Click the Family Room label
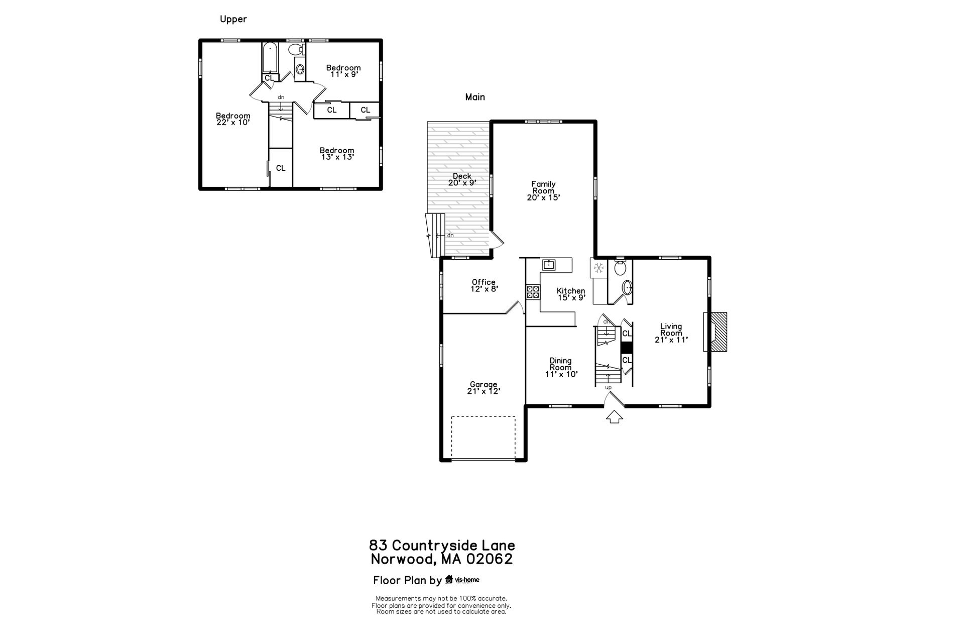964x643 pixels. coord(543,191)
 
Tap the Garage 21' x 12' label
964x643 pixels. coord(484,388)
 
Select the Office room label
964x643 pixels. coord(484,285)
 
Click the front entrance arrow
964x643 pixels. coord(615,417)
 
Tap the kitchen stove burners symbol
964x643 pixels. coord(533,292)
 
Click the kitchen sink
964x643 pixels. coord(548,264)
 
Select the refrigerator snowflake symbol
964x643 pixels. coord(598,268)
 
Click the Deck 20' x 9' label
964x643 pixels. coord(462,179)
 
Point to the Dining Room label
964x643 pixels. coord(561,367)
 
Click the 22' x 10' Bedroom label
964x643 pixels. coord(233,119)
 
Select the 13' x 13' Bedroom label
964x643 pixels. coord(337,153)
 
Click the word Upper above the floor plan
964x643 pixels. coord(233,20)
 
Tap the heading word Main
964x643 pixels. coord(475,97)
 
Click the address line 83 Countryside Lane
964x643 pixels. coord(442,545)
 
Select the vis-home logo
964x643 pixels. coord(462,580)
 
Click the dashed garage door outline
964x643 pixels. coord(484,437)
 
